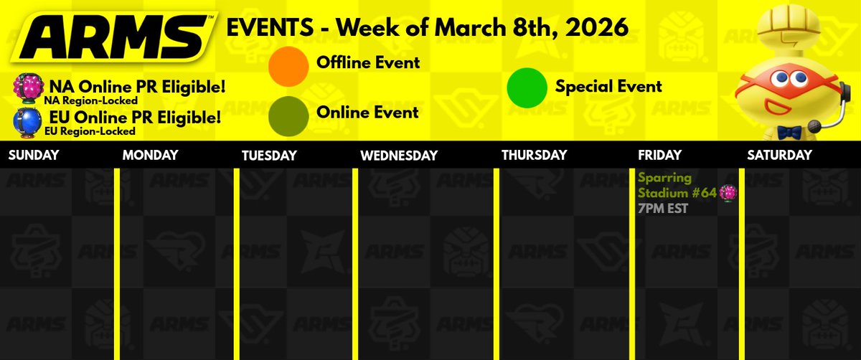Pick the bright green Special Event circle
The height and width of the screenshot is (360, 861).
(527, 87)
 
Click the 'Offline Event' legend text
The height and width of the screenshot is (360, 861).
(368, 63)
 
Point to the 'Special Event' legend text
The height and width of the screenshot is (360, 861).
(608, 87)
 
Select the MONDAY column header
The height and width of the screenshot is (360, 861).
(149, 155)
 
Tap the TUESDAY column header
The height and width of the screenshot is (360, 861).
(269, 155)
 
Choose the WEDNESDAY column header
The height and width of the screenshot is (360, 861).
(399, 155)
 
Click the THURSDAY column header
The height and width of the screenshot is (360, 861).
(534, 155)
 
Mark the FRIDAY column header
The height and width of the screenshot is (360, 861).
(659, 155)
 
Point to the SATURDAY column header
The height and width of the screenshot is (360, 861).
(779, 155)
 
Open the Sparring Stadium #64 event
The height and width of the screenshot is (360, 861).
(677, 184)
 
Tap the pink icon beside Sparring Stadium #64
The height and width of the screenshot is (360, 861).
(728, 192)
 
